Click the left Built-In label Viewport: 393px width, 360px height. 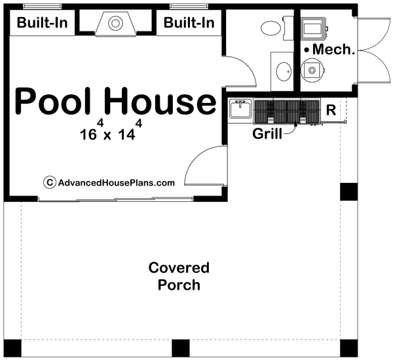click(x=43, y=23)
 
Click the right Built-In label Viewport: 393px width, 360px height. click(x=189, y=23)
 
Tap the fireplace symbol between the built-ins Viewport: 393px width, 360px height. click(x=116, y=24)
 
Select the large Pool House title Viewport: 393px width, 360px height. click(x=115, y=102)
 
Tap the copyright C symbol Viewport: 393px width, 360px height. click(x=48, y=183)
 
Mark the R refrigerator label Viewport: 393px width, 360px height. click(x=331, y=110)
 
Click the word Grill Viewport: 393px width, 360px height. click(x=268, y=134)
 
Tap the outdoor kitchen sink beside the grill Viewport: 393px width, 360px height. click(x=240, y=110)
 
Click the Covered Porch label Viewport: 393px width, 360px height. click(x=178, y=276)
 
